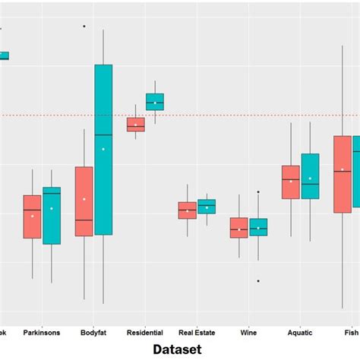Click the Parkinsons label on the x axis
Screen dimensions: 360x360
[x=42, y=332]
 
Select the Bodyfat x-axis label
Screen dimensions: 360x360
[x=93, y=332]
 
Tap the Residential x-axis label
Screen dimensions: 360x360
[x=145, y=332]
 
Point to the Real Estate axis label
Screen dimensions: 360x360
[x=197, y=332]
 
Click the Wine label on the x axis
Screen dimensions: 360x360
[x=248, y=332]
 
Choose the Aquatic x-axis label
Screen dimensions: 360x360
[x=300, y=332]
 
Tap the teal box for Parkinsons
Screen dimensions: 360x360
[x=52, y=216]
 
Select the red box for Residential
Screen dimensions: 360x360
[x=135, y=125]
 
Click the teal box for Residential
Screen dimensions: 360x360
[x=155, y=102]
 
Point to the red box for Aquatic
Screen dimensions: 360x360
[x=290, y=182]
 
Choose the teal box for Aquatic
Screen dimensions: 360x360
[x=310, y=176]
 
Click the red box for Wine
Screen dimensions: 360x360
[x=238, y=228]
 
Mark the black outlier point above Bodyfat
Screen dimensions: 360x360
[x=84, y=26]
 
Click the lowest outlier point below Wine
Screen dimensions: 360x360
[x=258, y=281]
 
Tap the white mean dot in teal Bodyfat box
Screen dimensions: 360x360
[x=103, y=149]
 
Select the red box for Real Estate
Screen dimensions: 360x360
[x=187, y=210]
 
